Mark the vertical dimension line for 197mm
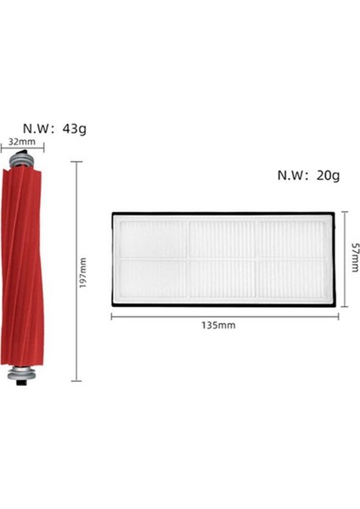(76, 271)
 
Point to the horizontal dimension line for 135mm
(224, 316)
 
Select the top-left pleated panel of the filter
(153, 238)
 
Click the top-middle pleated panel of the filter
(223, 238)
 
